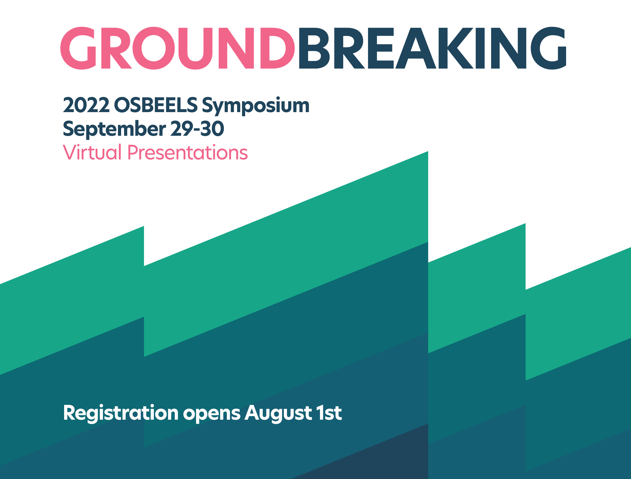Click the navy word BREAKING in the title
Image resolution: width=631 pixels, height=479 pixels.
432,48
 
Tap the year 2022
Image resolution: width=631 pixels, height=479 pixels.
86,105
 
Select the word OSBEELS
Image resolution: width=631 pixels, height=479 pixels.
156,105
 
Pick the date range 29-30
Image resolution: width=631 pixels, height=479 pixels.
197,129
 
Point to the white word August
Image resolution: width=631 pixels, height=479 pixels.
278,414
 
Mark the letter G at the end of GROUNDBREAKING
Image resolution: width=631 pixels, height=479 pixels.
549,48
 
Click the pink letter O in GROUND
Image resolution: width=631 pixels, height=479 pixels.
154,48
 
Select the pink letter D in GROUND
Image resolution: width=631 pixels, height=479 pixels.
277,48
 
